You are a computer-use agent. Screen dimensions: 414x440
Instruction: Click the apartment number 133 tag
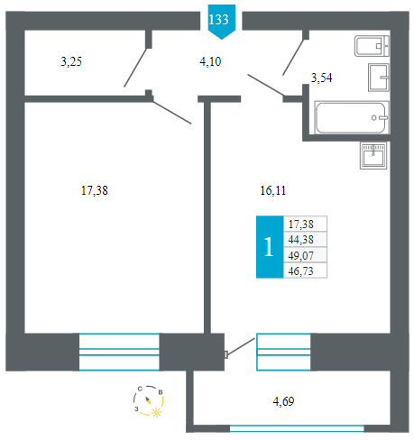point(221,22)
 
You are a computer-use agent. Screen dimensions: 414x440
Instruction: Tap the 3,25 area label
point(71,61)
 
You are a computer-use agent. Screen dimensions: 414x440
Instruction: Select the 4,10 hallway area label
point(210,61)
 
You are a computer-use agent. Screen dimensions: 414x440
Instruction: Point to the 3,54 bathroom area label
point(321,78)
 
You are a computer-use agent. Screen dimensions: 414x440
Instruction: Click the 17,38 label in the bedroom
point(95,190)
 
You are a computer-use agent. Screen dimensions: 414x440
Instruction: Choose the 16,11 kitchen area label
point(273,190)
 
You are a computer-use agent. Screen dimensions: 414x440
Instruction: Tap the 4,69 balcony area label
point(283,401)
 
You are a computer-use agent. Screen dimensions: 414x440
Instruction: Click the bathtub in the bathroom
point(352,117)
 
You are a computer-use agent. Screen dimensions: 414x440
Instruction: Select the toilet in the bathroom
point(372,46)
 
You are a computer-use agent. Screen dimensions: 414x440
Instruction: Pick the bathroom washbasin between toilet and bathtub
point(379,78)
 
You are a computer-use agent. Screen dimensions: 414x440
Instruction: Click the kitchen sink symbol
point(373,156)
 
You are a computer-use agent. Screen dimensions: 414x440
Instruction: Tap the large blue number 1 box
point(270,247)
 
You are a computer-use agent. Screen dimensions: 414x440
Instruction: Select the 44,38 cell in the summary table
point(305,240)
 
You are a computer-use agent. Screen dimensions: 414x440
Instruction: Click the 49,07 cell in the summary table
point(305,255)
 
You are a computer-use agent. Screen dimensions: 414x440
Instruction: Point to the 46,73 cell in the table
point(305,270)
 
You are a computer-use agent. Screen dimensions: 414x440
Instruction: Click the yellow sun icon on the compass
point(156,412)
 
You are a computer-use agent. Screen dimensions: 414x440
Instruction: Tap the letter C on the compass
point(140,389)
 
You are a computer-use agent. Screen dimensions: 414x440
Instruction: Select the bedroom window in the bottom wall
point(119,352)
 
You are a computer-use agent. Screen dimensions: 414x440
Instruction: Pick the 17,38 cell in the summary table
point(305,224)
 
